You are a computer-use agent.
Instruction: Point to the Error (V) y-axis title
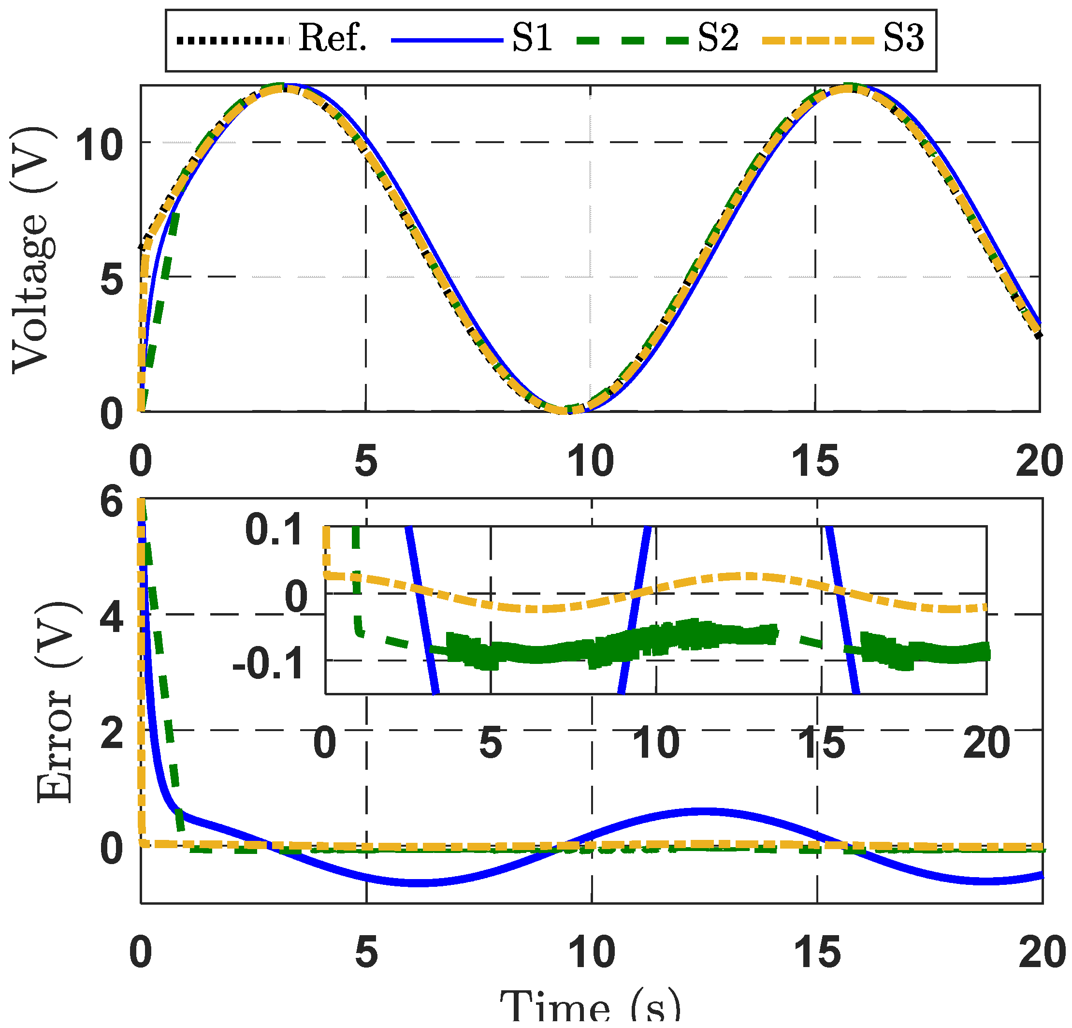pyautogui.click(x=55, y=703)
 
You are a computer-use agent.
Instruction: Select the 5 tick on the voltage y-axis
pyautogui.click(x=112, y=280)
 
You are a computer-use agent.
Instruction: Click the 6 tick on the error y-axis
pyautogui.click(x=112, y=502)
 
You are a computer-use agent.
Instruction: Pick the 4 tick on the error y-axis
pyautogui.click(x=112, y=619)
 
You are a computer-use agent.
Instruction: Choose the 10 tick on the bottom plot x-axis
pyautogui.click(x=592, y=952)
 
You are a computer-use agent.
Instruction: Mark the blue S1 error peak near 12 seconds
pyautogui.click(x=703, y=811)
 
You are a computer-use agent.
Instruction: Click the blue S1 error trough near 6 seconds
pyautogui.click(x=419, y=882)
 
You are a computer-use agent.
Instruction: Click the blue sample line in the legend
pyautogui.click(x=447, y=39)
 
